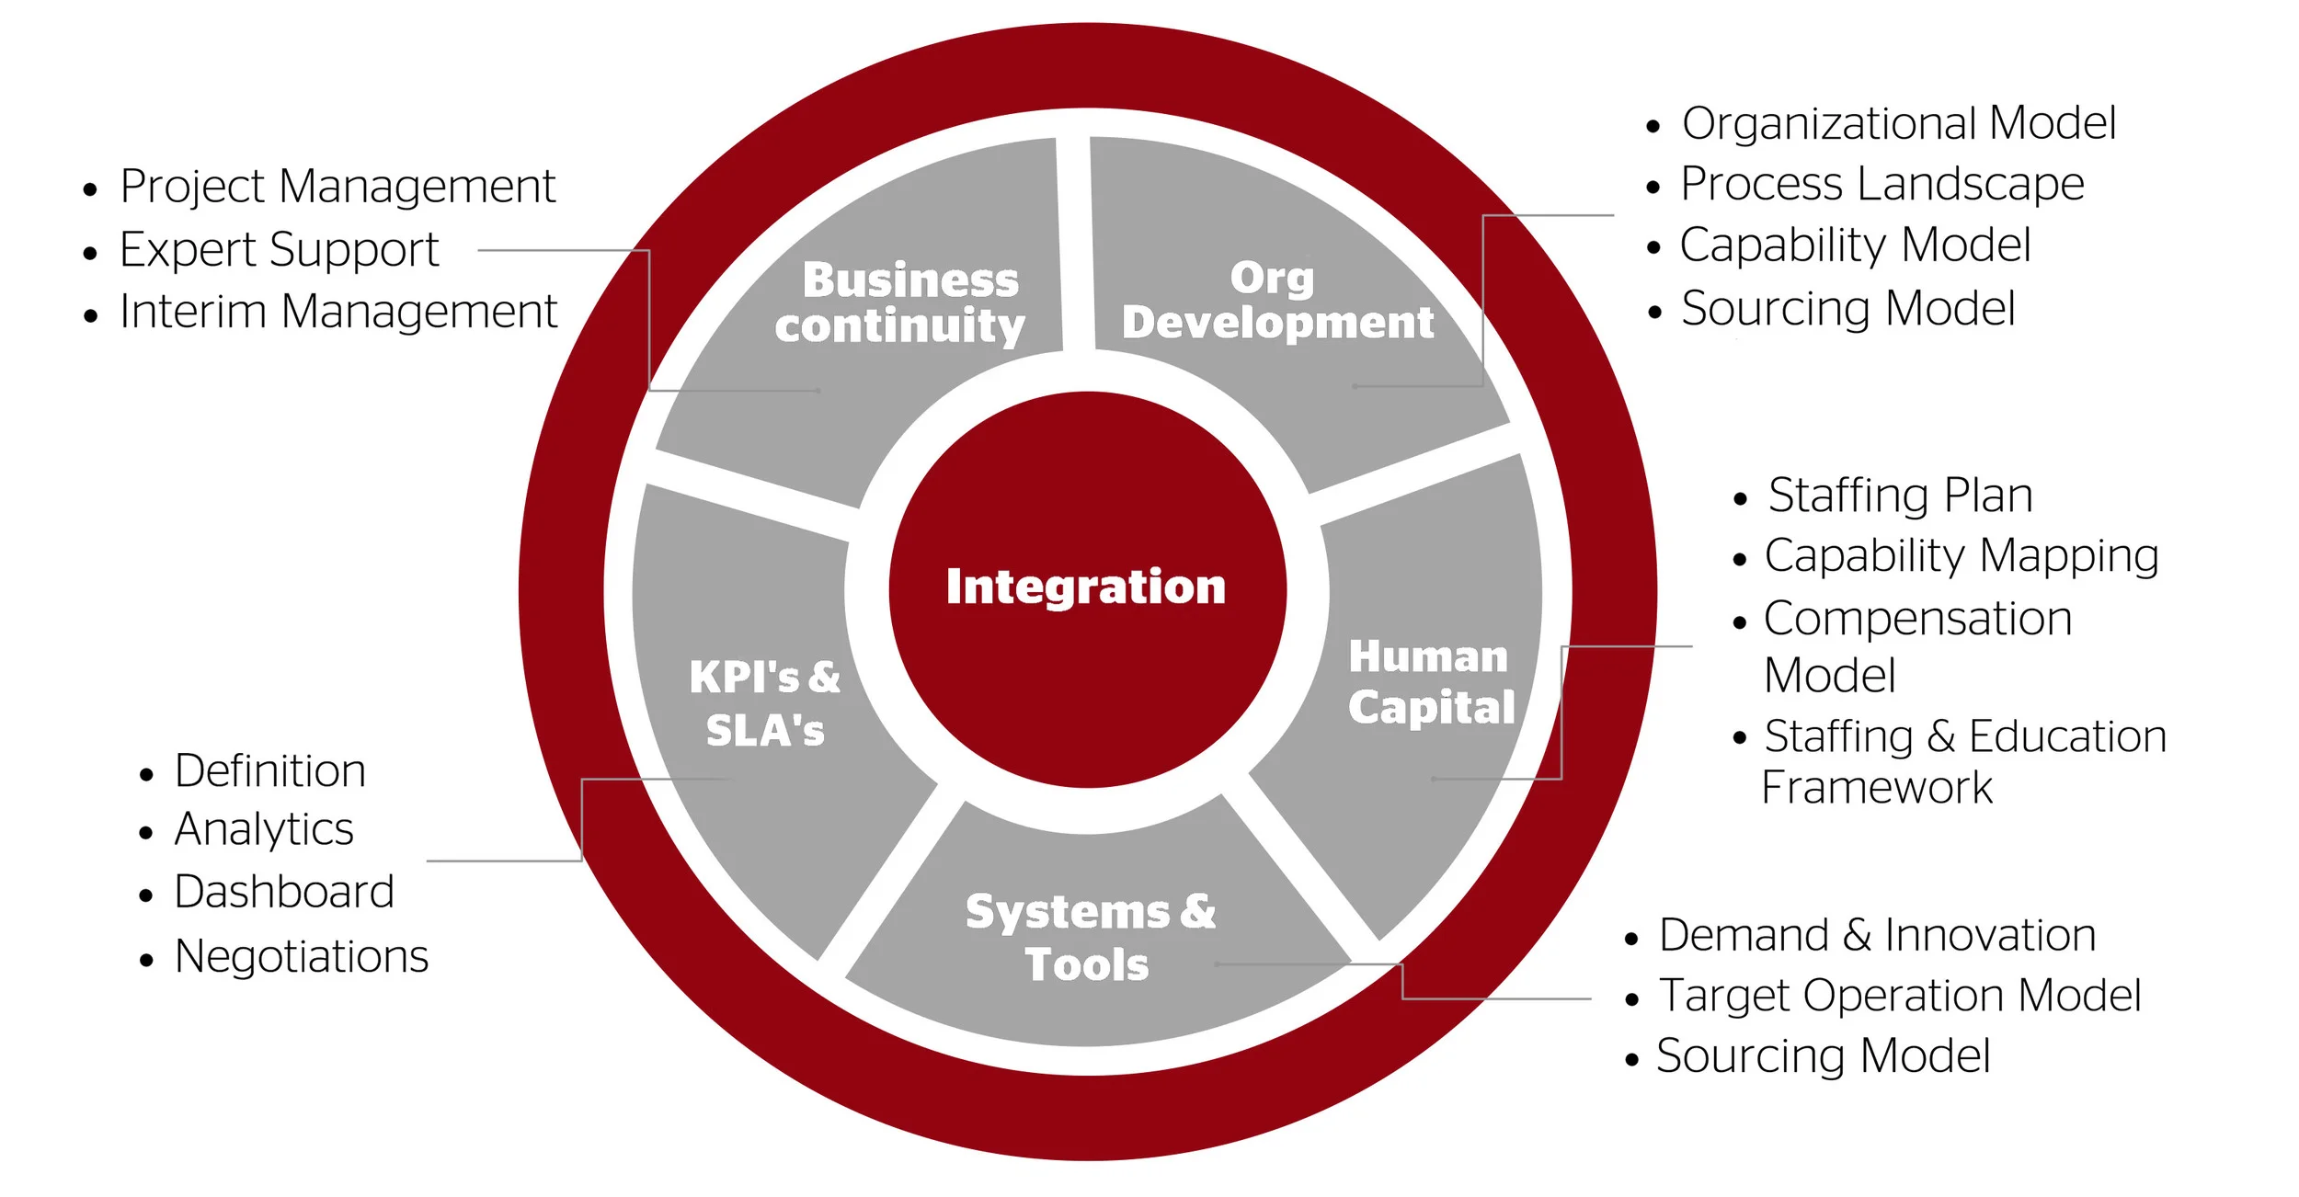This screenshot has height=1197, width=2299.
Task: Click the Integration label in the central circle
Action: [x=1085, y=587]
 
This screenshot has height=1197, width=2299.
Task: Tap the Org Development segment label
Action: [x=1276, y=301]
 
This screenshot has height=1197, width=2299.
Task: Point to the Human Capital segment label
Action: [x=1430, y=682]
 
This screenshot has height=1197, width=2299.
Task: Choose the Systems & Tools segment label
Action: [x=1090, y=938]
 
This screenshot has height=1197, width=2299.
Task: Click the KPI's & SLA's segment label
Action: [x=764, y=703]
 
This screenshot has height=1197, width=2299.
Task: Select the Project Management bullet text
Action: [x=337, y=187]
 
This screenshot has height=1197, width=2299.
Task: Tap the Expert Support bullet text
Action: [x=279, y=249]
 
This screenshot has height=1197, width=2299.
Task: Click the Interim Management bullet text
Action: [x=337, y=312]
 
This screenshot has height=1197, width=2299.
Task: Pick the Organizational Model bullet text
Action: [x=1898, y=123]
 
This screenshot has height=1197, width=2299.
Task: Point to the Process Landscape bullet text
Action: [x=1882, y=184]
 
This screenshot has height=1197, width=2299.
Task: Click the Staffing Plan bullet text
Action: [x=1900, y=496]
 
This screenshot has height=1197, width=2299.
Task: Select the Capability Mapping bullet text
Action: [x=1961, y=556]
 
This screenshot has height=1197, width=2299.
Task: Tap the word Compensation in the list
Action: [x=1917, y=619]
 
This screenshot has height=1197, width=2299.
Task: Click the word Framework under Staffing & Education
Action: [x=1876, y=788]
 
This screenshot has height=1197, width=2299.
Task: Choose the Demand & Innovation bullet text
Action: [x=1877, y=935]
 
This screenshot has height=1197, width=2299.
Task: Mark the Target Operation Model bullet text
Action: [x=1899, y=996]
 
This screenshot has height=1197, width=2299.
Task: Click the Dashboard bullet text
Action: [x=284, y=892]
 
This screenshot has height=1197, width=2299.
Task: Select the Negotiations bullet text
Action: [x=302, y=956]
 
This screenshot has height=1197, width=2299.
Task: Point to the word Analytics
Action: [x=264, y=829]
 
